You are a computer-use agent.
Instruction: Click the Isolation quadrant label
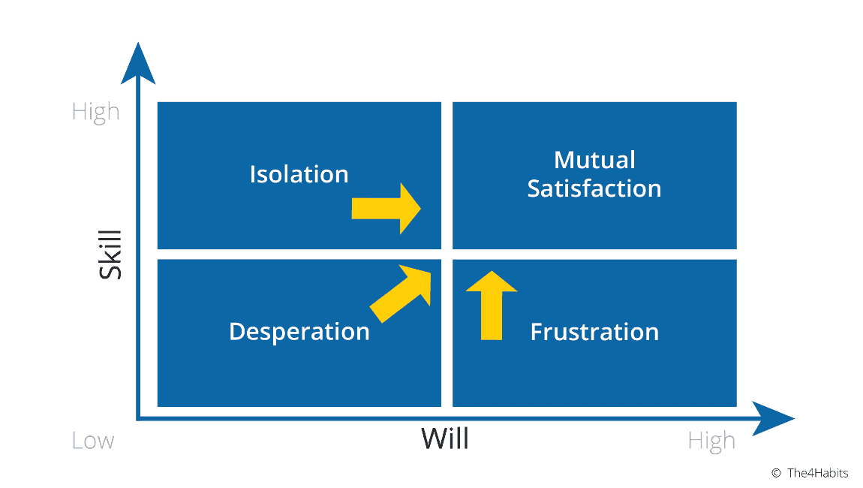[299, 174]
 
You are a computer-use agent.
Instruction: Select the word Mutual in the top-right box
[594, 159]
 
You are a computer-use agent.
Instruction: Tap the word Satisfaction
[594, 188]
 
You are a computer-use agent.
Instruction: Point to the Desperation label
[299, 332]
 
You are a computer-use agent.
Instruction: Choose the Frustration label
[594, 332]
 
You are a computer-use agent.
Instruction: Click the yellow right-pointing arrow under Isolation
[386, 208]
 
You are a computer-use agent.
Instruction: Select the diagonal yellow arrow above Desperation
[401, 293]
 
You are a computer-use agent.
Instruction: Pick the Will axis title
[444, 438]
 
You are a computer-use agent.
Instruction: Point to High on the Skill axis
[95, 112]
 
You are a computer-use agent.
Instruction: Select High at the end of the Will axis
[711, 441]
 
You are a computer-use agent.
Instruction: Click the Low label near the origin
[93, 441]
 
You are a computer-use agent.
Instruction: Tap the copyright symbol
[776, 473]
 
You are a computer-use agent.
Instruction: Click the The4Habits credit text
[817, 473]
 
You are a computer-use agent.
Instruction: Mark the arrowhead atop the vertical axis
[138, 64]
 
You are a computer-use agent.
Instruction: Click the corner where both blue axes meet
[139, 418]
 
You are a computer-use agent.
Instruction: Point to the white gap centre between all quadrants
[447, 254]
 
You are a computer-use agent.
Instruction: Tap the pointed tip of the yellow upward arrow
[492, 272]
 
